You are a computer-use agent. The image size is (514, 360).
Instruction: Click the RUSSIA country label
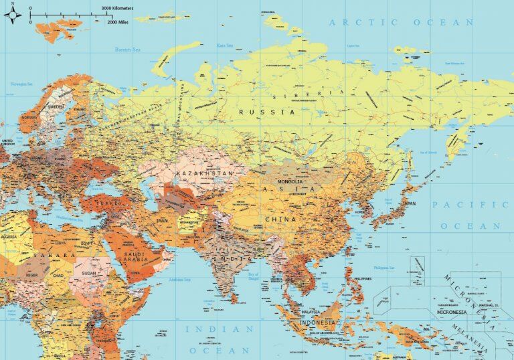266,112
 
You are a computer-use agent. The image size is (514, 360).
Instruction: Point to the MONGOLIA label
290,181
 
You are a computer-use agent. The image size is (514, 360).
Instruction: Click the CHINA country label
280,219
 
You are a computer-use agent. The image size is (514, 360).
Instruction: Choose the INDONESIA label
319,323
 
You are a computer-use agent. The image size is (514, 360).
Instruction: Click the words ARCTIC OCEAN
401,22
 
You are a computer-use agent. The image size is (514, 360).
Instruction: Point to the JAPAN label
408,203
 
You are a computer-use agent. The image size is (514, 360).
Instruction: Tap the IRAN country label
163,219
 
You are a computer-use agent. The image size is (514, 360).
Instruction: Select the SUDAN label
88,274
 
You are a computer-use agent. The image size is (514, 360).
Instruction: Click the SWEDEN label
56,106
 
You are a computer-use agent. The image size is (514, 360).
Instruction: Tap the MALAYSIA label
311,312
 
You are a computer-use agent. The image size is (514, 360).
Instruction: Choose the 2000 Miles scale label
120,22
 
